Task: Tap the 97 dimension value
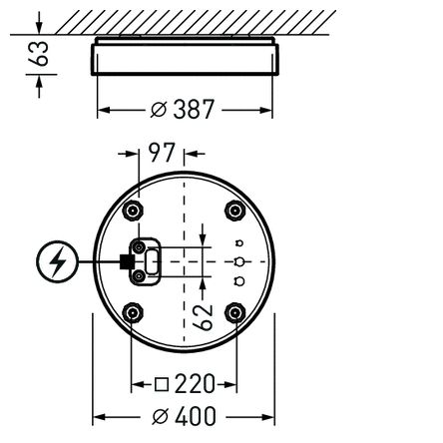[x=161, y=154]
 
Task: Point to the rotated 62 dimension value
[x=203, y=316]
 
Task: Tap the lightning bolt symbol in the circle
[x=57, y=263]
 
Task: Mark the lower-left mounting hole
[x=132, y=313]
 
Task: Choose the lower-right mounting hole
[x=233, y=313]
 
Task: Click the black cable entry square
[x=126, y=262]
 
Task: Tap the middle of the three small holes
[x=239, y=261]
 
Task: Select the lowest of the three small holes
[x=239, y=281]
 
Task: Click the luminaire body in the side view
[x=183, y=57]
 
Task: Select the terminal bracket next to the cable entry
[x=148, y=261]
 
